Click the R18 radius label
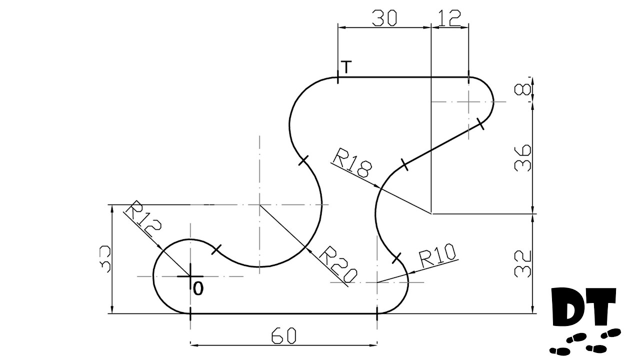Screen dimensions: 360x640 pos(352,163)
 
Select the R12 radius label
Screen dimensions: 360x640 pos(143,219)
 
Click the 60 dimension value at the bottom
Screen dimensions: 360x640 pos(283,336)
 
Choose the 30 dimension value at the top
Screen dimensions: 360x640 pos(384,18)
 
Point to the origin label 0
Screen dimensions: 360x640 pos(198,289)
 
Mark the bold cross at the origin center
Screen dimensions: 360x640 pos(190,276)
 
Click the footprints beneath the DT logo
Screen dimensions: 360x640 pos(585,343)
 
